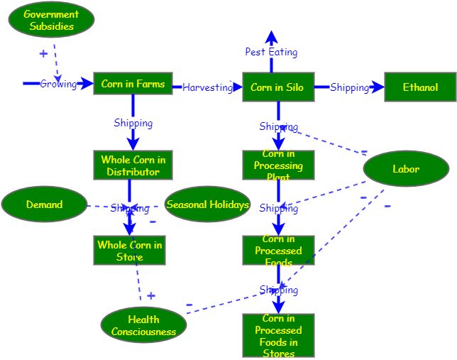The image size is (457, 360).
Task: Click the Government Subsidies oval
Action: point(51,20)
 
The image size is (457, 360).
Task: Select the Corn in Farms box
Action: point(133,84)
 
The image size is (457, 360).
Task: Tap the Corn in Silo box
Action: point(277,87)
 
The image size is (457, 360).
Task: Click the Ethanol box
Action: point(420,87)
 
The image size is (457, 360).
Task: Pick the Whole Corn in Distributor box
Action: point(133,165)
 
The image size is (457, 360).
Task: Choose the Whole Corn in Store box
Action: point(129,251)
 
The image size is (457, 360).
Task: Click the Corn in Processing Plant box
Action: point(278,165)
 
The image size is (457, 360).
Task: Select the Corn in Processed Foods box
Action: point(278,251)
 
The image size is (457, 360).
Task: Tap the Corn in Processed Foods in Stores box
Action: point(278,336)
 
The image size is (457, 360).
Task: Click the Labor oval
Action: point(406,169)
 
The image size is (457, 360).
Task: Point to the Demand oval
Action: point(44,204)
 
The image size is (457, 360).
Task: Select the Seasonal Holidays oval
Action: point(207,204)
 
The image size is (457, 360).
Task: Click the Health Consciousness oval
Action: point(143,325)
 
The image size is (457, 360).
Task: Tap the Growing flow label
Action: point(58,84)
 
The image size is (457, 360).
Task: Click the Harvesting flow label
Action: point(207,87)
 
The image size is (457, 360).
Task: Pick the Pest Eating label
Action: point(271,52)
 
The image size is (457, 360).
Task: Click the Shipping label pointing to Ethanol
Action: point(349,87)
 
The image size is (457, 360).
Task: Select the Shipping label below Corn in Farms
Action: point(133,123)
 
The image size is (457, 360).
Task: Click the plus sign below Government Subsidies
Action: point(43,53)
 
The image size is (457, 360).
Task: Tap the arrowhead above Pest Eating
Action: point(271,36)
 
